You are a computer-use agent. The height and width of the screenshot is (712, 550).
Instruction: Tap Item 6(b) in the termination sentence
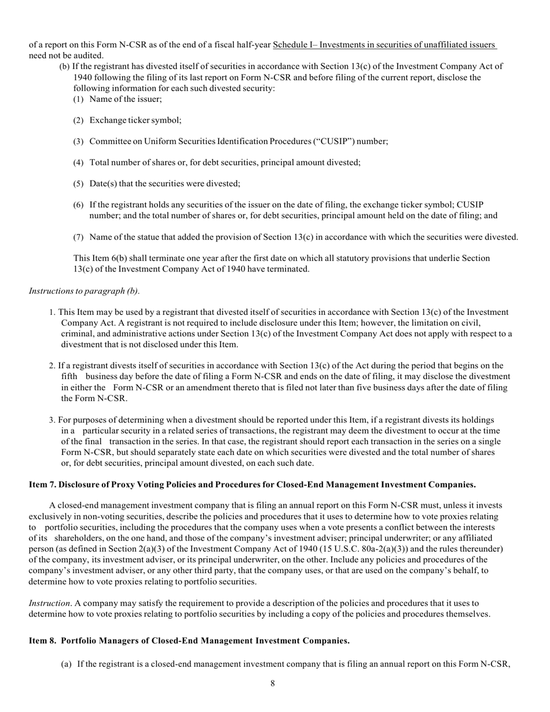click(x=105, y=258)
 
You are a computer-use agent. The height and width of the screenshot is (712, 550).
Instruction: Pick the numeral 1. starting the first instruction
click(x=53, y=312)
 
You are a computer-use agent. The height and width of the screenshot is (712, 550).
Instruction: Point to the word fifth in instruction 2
click(x=69, y=376)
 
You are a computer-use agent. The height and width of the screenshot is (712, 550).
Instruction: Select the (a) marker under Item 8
click(x=67, y=664)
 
